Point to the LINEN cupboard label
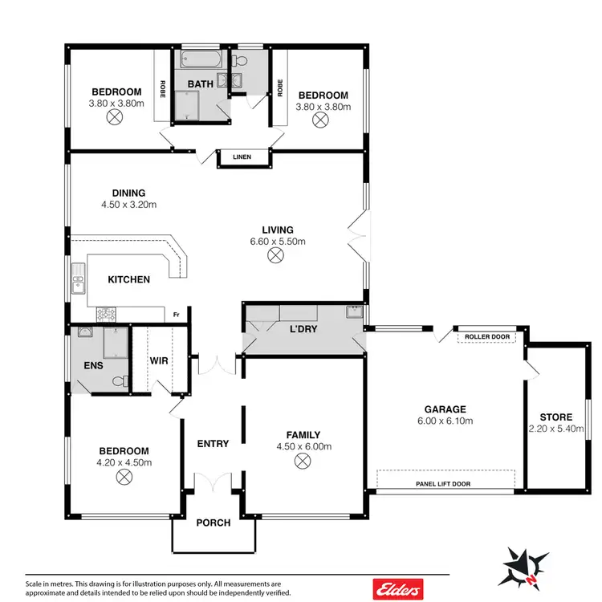[242, 157]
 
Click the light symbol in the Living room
[276, 255]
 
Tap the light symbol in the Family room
[302, 461]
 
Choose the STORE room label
[555, 417]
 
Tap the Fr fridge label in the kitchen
[175, 315]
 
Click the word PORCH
[214, 523]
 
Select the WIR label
[159, 360]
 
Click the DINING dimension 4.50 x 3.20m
[128, 205]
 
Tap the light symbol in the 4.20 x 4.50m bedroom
[124, 477]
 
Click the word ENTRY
[213, 444]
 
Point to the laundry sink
[354, 311]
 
